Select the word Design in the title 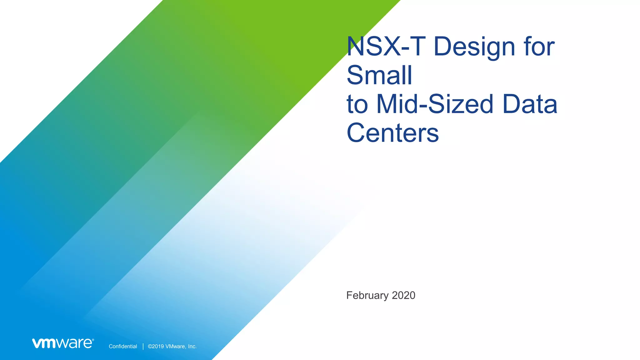pos(474,47)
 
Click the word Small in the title pos(379,75)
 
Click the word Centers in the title pos(392,133)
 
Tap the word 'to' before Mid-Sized pos(357,105)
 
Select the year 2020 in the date pos(403,295)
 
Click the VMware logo pos(63,343)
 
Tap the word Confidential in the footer pos(123,346)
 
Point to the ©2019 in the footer pos(156,346)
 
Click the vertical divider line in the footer pos(143,346)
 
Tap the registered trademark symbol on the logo pos(93,340)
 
